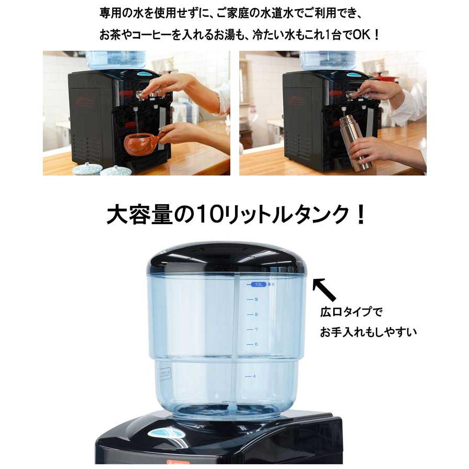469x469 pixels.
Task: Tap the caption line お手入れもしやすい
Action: (x=368, y=332)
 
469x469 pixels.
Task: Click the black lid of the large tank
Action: (x=226, y=257)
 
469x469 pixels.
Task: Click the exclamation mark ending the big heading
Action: (x=359, y=215)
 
